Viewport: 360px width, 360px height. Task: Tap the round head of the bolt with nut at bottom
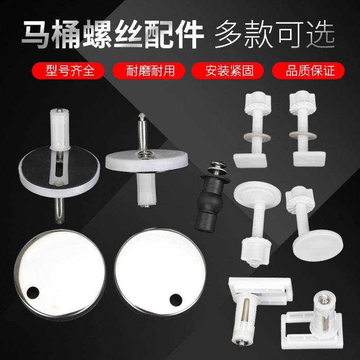point(257,192)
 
